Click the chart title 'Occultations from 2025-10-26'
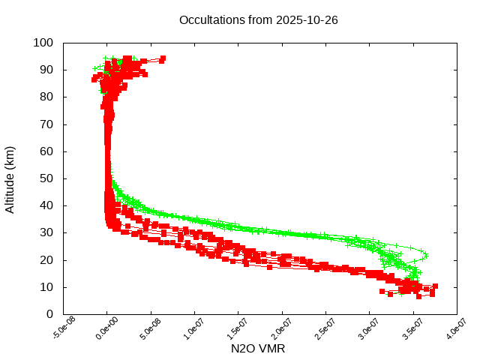pos(258,19)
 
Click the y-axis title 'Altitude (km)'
pos(10,178)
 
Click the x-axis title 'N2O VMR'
pos(258,349)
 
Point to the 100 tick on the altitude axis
pos(43,43)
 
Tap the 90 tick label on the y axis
pos(46,70)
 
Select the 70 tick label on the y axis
pos(46,124)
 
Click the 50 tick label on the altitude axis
pos(46,178)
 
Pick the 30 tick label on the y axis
pos(46,232)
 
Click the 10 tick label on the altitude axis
pos(46,287)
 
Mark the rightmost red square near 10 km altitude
pos(435,286)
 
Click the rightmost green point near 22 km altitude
pos(426,254)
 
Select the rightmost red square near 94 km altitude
pos(163,58)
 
